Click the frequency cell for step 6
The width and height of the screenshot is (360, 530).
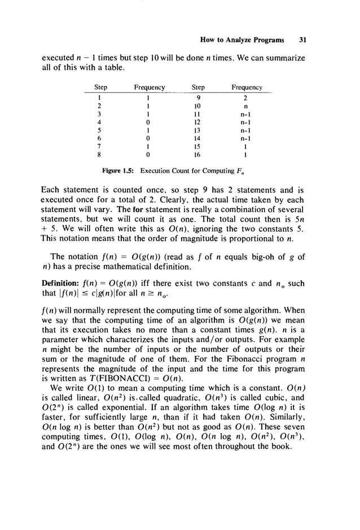pyautogui.click(x=148, y=135)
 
